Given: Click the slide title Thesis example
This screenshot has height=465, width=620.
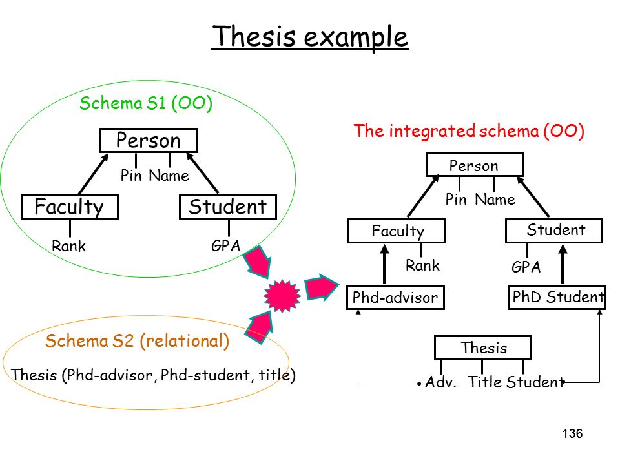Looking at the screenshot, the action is pyautogui.click(x=309, y=36).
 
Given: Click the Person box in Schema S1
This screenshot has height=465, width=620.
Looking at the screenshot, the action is pyautogui.click(x=149, y=140).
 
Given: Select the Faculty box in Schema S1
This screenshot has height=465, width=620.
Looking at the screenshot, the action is pyautogui.click(x=70, y=207).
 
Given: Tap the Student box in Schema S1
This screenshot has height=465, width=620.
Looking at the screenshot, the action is pyautogui.click(x=228, y=207).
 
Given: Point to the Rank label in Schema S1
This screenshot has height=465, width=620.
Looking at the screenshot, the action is pyautogui.click(x=69, y=246).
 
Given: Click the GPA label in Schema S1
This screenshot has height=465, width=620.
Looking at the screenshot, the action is pyautogui.click(x=226, y=245).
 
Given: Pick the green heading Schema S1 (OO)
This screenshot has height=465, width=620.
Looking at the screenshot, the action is pyautogui.click(x=146, y=103).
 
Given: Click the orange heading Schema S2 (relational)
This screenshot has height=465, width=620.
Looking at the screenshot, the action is pyautogui.click(x=137, y=341).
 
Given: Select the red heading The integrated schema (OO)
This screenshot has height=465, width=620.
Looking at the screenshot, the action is pyautogui.click(x=469, y=131).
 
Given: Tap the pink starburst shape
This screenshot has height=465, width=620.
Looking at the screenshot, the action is pyautogui.click(x=282, y=296).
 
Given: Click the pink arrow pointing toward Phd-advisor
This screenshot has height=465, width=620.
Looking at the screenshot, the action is pyautogui.click(x=322, y=287).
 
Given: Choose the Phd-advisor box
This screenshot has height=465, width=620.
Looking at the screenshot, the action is pyautogui.click(x=395, y=297).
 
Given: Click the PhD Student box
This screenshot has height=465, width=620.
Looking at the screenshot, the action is pyautogui.click(x=557, y=297).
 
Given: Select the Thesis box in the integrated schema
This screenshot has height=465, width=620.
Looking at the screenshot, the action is pyautogui.click(x=483, y=348).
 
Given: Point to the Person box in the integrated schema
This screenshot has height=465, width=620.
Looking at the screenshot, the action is pyautogui.click(x=475, y=165).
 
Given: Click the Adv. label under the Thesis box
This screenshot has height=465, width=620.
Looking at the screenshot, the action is pyautogui.click(x=441, y=382).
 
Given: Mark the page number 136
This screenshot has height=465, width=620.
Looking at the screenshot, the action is pyautogui.click(x=572, y=434).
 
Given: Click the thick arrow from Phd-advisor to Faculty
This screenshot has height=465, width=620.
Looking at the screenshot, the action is pyautogui.click(x=384, y=264).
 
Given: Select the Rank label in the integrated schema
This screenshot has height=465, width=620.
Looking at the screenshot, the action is pyautogui.click(x=422, y=265).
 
